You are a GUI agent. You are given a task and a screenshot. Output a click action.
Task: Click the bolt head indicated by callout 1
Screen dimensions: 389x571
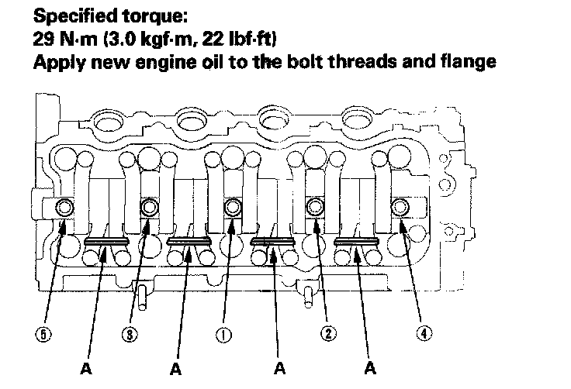[x=232, y=207]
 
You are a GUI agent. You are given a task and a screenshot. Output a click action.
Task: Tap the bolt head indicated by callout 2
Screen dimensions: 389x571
[x=314, y=207]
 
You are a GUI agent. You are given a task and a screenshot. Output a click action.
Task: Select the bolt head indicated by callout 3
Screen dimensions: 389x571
[x=148, y=207]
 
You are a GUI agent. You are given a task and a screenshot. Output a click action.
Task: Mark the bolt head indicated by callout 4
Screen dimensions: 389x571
[x=400, y=207]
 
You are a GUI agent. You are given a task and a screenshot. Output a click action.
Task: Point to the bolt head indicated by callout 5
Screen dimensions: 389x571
[x=66, y=207]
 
